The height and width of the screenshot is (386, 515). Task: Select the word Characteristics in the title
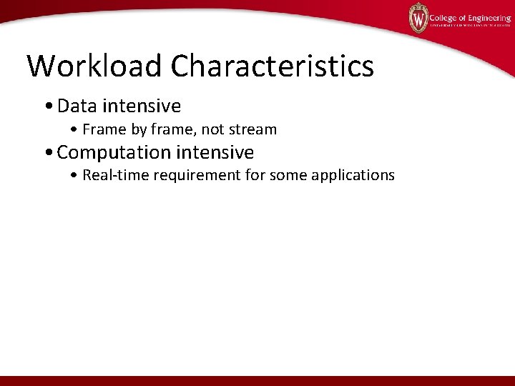point(272,66)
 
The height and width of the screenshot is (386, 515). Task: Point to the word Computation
point(114,152)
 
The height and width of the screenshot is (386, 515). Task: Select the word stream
point(252,129)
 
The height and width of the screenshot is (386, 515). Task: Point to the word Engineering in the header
point(487,18)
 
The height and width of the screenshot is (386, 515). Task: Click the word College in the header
point(444,18)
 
